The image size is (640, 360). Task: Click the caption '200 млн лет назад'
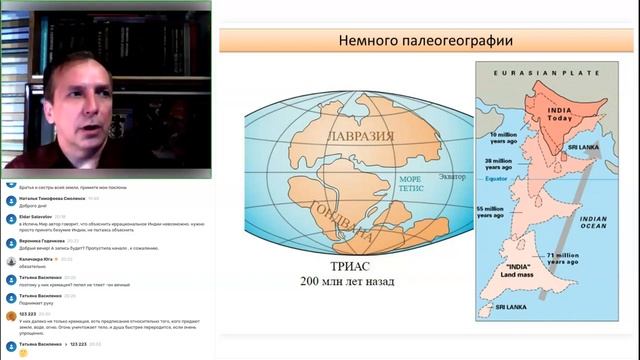pos(347,282)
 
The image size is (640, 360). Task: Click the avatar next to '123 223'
pos(9,314)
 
